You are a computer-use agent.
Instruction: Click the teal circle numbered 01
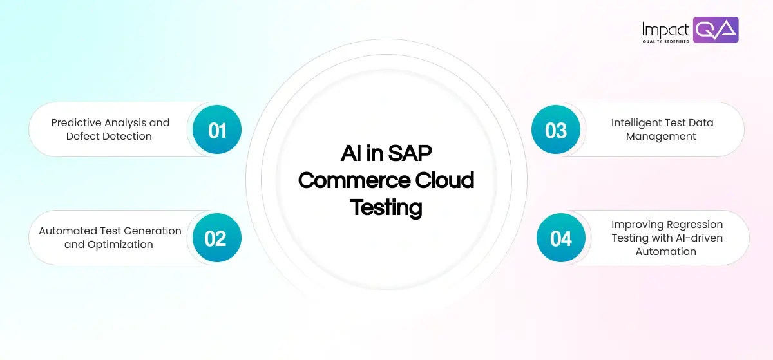(217, 130)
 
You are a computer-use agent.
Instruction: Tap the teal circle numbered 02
(216, 238)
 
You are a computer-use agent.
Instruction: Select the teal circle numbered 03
(555, 130)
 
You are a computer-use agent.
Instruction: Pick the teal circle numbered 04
(560, 238)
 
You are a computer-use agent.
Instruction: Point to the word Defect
(81, 137)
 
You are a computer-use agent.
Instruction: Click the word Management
(661, 137)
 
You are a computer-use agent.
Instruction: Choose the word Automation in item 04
(666, 252)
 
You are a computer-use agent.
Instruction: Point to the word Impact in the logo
(665, 29)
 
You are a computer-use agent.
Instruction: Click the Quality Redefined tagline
(665, 41)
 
